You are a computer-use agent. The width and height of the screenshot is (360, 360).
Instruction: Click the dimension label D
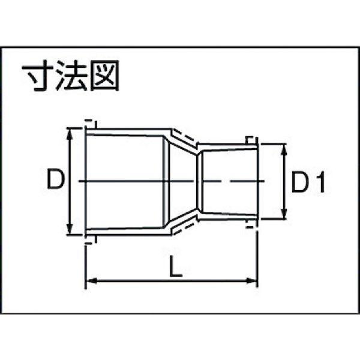tap(56, 179)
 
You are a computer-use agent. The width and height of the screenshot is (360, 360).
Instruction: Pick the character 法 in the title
tap(71, 76)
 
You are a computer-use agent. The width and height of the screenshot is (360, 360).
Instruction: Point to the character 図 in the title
tap(104, 76)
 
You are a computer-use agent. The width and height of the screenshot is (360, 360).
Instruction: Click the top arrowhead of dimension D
tap(70, 134)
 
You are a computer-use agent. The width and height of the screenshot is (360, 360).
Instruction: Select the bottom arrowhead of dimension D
tap(70, 229)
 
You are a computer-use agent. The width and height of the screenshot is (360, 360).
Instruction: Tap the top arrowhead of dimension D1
tap(284, 149)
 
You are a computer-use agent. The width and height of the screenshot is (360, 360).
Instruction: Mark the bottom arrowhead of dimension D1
tap(284, 213)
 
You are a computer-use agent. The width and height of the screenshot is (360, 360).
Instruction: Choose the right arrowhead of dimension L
tap(251, 281)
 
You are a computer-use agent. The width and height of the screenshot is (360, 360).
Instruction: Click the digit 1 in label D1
tap(322, 181)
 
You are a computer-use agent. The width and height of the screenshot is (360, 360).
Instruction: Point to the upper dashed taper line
tap(185, 137)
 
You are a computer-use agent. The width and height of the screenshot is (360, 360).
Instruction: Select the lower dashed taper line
tap(185, 226)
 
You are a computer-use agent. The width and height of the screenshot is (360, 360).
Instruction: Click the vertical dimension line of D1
tap(284, 181)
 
